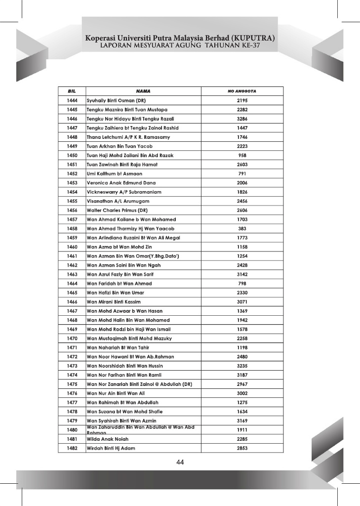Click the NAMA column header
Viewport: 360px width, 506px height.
coord(143,91)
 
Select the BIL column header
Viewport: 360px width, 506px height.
coord(72,91)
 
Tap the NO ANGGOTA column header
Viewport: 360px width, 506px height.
coord(242,91)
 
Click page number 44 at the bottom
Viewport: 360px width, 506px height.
coord(180,463)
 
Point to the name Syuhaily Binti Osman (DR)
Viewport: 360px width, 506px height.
coord(116,101)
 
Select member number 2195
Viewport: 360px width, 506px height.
coord(242,101)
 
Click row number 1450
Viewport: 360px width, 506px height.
coord(72,156)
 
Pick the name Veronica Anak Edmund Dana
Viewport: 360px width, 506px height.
coord(121,183)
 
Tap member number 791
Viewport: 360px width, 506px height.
coord(242,174)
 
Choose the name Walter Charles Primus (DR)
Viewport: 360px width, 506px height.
coord(117,211)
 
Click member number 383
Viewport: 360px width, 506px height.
coord(242,229)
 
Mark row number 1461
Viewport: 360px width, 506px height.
coord(72,256)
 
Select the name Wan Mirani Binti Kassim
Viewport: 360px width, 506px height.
coord(114,302)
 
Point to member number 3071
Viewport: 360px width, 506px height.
coord(242,302)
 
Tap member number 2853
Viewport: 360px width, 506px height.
coord(242,448)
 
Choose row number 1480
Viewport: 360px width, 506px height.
coord(72,430)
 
